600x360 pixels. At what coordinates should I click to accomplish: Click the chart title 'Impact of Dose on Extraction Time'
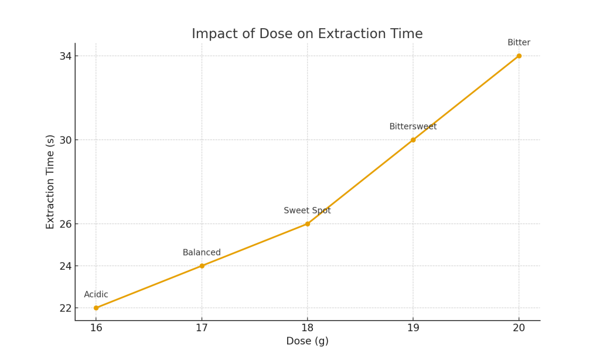click(x=307, y=34)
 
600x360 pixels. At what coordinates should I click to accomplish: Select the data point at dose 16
click(x=96, y=308)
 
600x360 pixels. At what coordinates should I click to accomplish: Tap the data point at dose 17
click(x=202, y=266)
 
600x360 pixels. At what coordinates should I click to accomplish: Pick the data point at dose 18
click(x=308, y=224)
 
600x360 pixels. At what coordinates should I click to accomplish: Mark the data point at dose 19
click(x=413, y=140)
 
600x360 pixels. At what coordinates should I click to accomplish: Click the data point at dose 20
click(x=519, y=56)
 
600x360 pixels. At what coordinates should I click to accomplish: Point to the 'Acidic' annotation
click(x=96, y=295)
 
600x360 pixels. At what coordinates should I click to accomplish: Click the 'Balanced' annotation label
click(x=202, y=253)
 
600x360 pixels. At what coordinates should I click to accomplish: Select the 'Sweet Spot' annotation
click(x=307, y=210)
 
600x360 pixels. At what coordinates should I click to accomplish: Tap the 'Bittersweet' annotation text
click(x=412, y=127)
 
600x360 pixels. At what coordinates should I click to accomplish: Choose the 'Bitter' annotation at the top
click(x=519, y=43)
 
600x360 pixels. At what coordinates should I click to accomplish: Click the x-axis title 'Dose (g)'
click(x=307, y=341)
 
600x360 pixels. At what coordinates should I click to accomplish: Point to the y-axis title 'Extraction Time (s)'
click(x=50, y=182)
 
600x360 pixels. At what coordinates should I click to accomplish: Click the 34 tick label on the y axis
click(x=64, y=56)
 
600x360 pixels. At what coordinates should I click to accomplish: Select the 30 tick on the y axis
click(x=64, y=140)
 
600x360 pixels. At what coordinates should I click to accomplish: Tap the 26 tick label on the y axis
click(x=64, y=224)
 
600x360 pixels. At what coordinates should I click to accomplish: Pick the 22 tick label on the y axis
click(x=64, y=308)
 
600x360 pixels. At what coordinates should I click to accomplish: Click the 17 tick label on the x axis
click(x=202, y=328)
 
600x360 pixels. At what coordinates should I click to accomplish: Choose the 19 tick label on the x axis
click(x=413, y=328)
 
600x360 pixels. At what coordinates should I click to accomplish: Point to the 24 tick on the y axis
click(x=64, y=266)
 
